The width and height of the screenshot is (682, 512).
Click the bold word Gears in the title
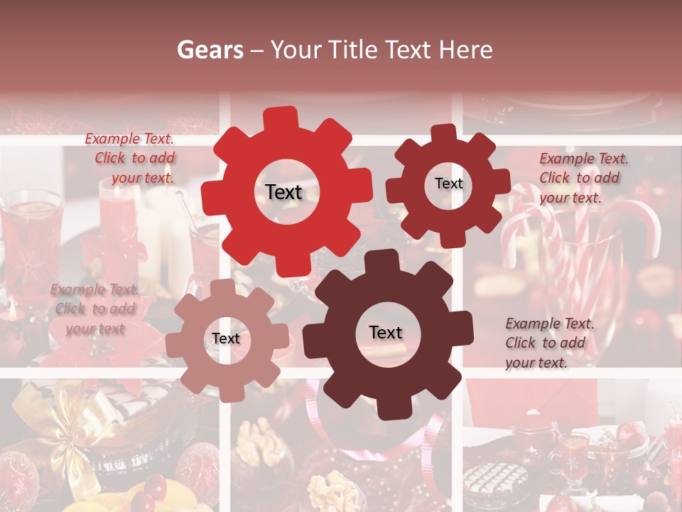[210, 50]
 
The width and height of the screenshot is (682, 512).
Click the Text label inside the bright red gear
[284, 192]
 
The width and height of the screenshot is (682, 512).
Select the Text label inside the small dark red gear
[448, 183]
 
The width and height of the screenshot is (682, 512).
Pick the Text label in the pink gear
[226, 338]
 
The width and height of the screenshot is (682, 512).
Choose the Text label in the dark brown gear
[386, 332]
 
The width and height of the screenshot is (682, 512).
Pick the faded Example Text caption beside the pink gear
[94, 309]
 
